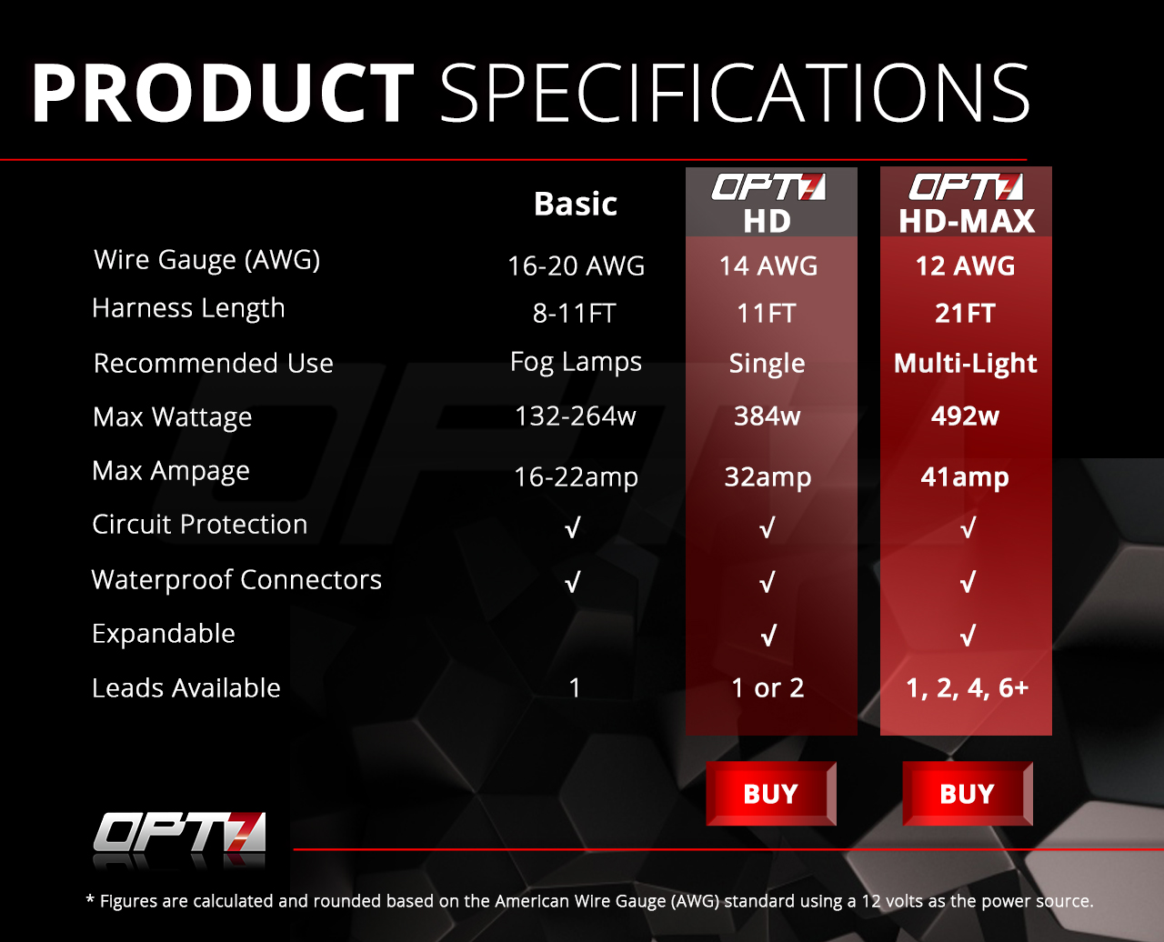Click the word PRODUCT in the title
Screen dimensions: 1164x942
(223, 93)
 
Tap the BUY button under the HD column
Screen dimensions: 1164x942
(771, 794)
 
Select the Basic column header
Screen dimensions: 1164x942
(576, 204)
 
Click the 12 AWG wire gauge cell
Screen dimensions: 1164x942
(965, 266)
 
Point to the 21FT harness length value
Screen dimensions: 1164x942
(965, 314)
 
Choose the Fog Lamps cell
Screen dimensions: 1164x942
(576, 362)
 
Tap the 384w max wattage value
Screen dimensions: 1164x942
(768, 416)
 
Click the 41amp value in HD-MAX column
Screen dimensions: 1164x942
(965, 477)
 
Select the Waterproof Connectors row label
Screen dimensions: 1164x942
(236, 579)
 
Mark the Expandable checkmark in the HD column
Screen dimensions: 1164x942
(768, 636)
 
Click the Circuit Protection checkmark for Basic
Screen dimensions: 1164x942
(572, 527)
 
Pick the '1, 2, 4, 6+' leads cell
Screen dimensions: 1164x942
(967, 688)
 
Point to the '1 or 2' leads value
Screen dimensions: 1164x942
(768, 688)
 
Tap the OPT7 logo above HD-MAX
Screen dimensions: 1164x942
(966, 187)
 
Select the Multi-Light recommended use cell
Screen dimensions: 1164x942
(965, 364)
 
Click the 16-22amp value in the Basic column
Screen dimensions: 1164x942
(576, 477)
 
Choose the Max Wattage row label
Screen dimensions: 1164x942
(172, 417)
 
